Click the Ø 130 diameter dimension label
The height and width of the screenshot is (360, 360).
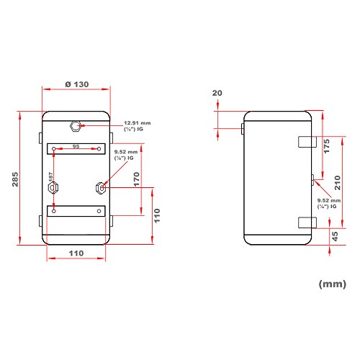[77, 84]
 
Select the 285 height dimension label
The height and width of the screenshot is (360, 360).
[15, 179]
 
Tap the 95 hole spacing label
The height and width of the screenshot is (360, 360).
[76, 146]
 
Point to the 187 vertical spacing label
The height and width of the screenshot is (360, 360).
[50, 176]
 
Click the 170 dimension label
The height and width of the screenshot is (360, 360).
[136, 179]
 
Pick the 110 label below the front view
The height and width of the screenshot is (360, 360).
[76, 253]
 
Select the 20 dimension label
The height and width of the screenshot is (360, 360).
[217, 93]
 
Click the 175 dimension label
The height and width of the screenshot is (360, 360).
[326, 146]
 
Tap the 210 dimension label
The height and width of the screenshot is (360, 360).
[338, 183]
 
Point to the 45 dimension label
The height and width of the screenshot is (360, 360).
[336, 236]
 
